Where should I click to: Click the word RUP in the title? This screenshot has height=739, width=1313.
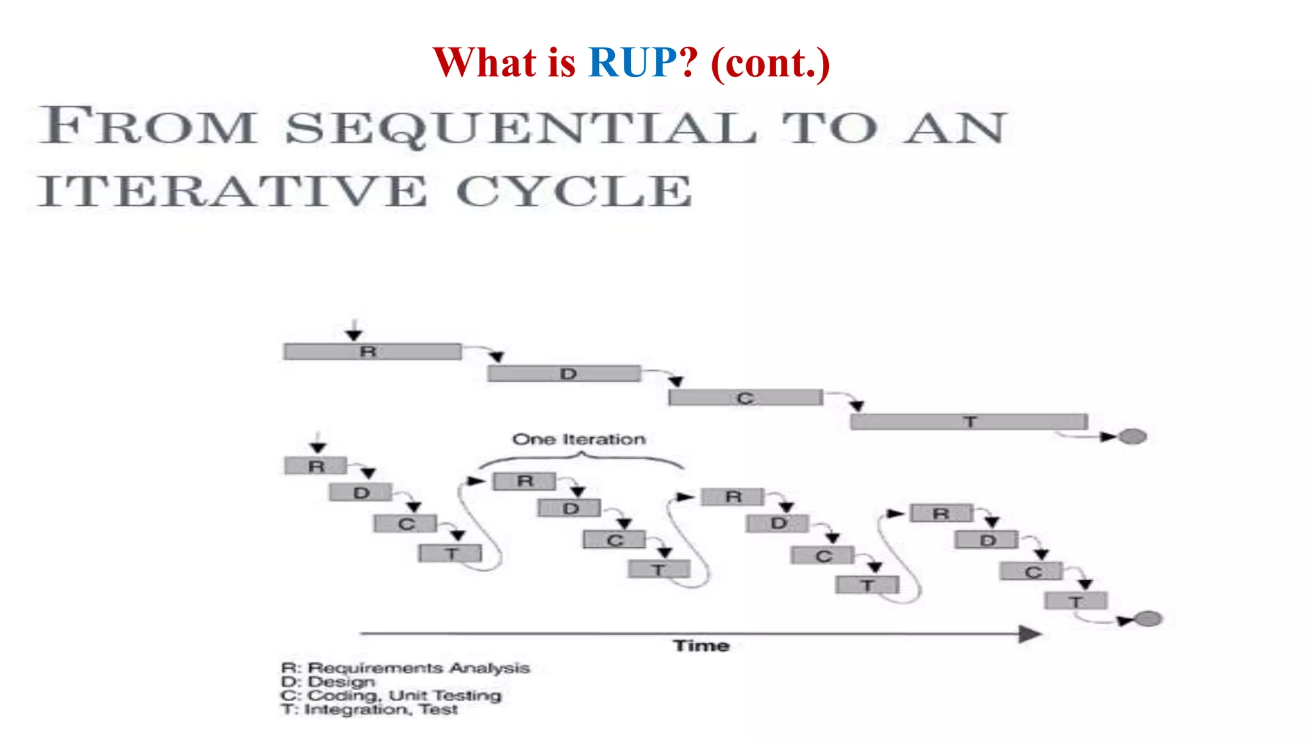pyautogui.click(x=632, y=63)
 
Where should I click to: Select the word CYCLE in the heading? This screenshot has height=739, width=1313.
pyautogui.click(x=574, y=191)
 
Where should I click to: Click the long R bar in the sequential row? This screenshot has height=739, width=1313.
pyautogui.click(x=372, y=352)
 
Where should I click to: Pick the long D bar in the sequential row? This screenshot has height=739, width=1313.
pyautogui.click(x=564, y=374)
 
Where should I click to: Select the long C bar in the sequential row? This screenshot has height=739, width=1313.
pyautogui.click(x=745, y=398)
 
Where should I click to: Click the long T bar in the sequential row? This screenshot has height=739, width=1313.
pyautogui.click(x=969, y=421)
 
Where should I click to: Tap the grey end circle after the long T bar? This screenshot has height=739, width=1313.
pyautogui.click(x=1132, y=436)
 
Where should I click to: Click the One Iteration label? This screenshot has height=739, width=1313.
pyautogui.click(x=579, y=439)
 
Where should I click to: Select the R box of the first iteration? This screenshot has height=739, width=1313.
pyautogui.click(x=316, y=466)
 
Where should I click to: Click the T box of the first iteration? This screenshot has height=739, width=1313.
pyautogui.click(x=450, y=553)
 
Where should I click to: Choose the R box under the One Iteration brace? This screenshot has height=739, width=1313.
pyautogui.click(x=524, y=481)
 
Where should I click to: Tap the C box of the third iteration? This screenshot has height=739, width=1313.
pyautogui.click(x=823, y=556)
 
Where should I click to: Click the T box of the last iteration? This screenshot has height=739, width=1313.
pyautogui.click(x=1075, y=601)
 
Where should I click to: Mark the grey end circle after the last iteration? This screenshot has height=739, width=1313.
pyautogui.click(x=1148, y=618)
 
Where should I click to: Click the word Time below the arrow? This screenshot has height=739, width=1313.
pyautogui.click(x=701, y=645)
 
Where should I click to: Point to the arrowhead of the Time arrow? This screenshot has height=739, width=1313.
pyautogui.click(x=1030, y=634)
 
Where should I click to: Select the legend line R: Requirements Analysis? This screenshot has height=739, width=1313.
pyautogui.click(x=405, y=668)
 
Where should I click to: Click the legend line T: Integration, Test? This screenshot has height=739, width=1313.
pyautogui.click(x=369, y=709)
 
